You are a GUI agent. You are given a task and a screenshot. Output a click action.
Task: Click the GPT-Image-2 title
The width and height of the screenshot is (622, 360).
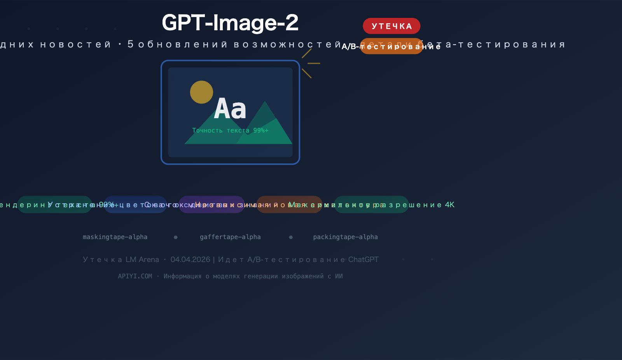point(230,23)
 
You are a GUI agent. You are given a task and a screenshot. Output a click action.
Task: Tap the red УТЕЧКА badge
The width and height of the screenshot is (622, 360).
point(391,26)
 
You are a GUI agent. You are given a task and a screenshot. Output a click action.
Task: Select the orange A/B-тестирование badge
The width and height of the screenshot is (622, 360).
point(391,46)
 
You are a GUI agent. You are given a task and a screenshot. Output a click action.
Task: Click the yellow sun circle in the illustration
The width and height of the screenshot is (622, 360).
point(201,92)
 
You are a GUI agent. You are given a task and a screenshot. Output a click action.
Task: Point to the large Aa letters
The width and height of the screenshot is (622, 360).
point(230,109)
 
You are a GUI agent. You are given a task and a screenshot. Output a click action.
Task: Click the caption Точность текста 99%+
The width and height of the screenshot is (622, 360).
point(230,131)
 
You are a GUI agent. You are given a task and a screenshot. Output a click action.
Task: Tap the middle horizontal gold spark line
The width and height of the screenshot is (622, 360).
point(314,63)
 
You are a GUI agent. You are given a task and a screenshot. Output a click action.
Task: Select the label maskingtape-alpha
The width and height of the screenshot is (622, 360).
point(115,237)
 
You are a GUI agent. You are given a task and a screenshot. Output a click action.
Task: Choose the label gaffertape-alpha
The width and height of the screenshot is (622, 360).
point(230,237)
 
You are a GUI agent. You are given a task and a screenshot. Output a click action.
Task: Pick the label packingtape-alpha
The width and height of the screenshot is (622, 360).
point(345,237)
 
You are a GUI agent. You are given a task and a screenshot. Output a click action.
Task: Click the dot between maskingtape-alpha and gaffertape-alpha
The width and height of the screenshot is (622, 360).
point(176,237)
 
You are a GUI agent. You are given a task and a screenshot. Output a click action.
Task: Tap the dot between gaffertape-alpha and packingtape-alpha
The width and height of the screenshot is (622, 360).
point(291,237)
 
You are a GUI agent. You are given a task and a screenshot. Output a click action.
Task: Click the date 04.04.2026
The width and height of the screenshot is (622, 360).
point(190,260)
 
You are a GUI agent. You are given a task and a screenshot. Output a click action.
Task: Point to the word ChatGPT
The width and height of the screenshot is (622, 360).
point(363,260)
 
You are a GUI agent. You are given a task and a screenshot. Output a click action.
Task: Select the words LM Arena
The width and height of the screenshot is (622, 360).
point(142,260)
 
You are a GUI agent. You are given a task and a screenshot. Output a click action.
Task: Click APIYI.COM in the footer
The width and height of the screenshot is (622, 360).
point(135,276)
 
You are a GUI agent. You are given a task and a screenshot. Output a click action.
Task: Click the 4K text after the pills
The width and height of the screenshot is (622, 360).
point(450,205)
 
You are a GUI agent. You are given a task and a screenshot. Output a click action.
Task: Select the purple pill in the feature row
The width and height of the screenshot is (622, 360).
point(211,204)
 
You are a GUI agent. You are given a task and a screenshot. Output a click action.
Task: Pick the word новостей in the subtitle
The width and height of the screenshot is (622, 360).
point(76,45)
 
